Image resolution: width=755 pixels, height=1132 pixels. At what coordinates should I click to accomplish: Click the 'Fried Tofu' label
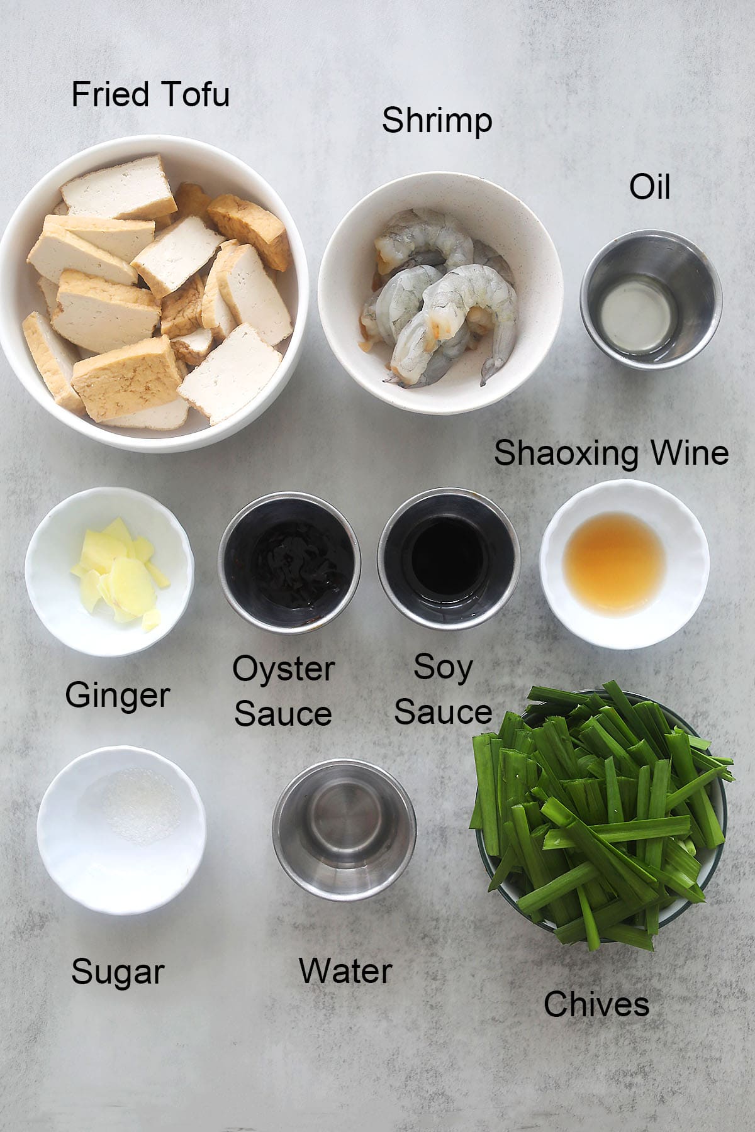(x=150, y=94)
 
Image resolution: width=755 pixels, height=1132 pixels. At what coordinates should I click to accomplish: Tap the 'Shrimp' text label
(x=437, y=120)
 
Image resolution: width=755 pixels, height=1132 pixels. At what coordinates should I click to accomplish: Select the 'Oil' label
(x=650, y=187)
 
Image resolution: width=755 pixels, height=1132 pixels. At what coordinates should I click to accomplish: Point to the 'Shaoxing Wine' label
(x=611, y=453)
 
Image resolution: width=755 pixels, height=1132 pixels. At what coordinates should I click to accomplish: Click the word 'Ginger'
(x=118, y=696)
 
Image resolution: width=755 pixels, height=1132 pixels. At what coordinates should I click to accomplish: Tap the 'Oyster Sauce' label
(x=283, y=691)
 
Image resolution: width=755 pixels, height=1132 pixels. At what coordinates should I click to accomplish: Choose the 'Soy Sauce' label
(x=443, y=689)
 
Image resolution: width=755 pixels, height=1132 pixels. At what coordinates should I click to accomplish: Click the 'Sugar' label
(x=118, y=973)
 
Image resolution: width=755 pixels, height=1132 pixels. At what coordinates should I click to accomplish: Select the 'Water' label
(x=345, y=970)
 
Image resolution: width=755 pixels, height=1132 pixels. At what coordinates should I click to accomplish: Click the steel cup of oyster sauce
(x=289, y=564)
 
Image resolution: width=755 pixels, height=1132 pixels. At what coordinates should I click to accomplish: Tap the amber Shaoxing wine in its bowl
(x=614, y=557)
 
